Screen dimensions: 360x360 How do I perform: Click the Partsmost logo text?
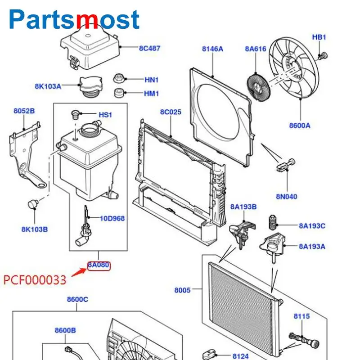click(x=74, y=19)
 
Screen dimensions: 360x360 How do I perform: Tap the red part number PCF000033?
click(x=35, y=280)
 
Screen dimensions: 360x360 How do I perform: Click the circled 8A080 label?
click(x=99, y=265)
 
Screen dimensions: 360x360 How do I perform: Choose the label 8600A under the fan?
click(x=300, y=126)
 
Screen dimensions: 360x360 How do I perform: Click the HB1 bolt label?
click(x=319, y=37)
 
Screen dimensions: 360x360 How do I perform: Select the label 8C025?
click(x=171, y=111)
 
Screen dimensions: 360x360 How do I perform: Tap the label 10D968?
click(x=112, y=219)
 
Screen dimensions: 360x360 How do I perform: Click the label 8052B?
click(x=24, y=110)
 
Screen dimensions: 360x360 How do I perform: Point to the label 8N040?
click(x=287, y=197)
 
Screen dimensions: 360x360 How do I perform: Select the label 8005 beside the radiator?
click(x=183, y=290)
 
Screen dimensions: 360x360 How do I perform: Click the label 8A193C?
click(x=312, y=226)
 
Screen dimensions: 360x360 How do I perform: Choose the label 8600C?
click(x=77, y=299)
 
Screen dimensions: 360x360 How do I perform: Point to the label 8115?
click(x=302, y=316)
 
